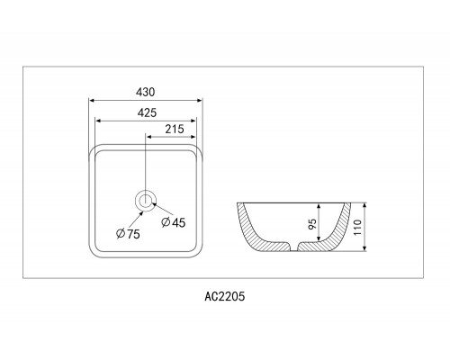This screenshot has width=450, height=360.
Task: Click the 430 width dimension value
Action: tap(146, 92)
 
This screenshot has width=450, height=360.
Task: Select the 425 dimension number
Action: tap(147, 112)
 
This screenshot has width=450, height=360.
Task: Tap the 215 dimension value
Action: tap(175, 130)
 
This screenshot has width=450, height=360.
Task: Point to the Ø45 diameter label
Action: tap(174, 222)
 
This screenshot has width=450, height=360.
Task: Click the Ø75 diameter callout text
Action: tap(128, 234)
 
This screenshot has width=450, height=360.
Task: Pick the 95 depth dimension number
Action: tap(312, 224)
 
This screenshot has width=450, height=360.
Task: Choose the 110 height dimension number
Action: tap(358, 228)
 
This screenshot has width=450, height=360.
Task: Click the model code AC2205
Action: tap(225, 296)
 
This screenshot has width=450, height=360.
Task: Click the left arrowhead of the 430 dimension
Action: tap(93, 101)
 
